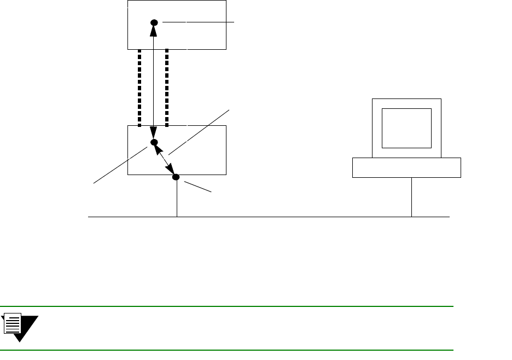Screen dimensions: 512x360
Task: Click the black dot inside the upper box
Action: coord(154,22)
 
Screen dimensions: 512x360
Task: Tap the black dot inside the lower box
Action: coord(154,142)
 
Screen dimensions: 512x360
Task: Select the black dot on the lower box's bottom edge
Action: coord(176,177)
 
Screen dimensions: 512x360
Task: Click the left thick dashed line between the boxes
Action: coord(140,88)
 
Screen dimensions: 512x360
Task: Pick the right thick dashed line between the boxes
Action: coord(167,88)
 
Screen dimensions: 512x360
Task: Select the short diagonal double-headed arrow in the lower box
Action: coord(165,160)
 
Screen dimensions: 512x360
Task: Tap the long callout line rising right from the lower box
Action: coord(200,132)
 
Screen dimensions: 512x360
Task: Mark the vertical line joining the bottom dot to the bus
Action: coord(177,198)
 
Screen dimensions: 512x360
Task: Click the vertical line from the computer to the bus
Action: coord(411,197)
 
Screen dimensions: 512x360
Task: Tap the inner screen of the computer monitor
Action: coord(406,128)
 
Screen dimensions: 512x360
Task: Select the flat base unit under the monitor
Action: coord(406,167)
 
